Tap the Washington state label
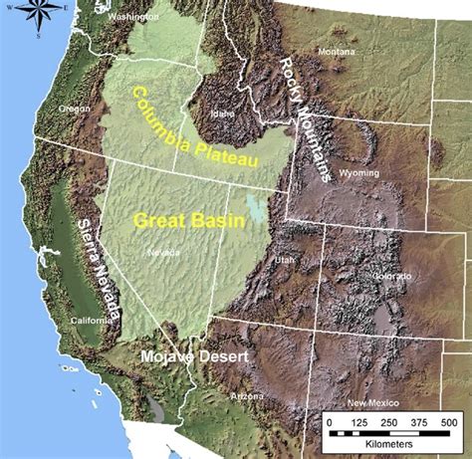tap(134, 17)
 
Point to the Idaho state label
tap(222, 113)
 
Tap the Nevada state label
tap(164, 253)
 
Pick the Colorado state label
tap(392, 276)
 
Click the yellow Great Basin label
tap(175, 221)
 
